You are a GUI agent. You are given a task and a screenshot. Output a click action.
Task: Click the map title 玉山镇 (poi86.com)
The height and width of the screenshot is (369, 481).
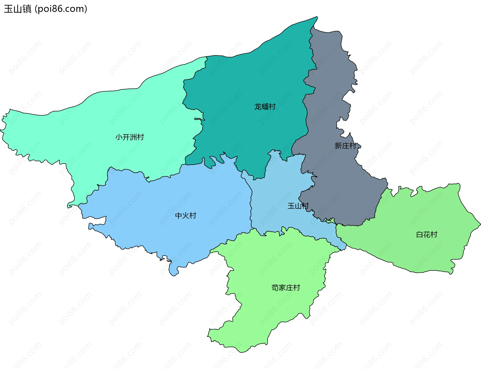(46, 9)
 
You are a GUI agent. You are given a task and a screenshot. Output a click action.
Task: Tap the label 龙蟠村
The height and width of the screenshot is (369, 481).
(265, 107)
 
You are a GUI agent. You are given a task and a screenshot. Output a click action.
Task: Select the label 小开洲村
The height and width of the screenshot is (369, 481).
(130, 137)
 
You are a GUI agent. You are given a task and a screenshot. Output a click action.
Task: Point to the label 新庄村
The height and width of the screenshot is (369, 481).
(345, 146)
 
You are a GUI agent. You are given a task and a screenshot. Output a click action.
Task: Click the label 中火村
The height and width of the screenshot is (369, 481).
(186, 215)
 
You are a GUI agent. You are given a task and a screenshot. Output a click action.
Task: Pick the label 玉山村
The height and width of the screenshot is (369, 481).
(298, 206)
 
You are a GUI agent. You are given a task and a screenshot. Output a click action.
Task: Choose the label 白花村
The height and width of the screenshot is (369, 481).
(427, 235)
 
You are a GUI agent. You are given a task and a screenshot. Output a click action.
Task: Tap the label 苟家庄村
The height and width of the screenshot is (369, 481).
(286, 288)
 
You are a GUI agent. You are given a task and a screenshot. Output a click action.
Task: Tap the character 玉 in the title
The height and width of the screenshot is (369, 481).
(9, 9)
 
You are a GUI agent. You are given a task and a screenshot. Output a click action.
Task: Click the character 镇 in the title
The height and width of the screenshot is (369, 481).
(27, 9)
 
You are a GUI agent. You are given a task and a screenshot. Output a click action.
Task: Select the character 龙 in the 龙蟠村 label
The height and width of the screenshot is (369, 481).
(258, 107)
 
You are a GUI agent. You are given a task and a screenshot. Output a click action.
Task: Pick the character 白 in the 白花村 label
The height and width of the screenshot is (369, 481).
(420, 235)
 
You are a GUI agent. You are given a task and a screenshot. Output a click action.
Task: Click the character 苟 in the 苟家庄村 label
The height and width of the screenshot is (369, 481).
(275, 288)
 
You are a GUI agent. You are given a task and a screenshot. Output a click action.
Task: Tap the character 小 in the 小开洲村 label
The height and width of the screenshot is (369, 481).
(119, 137)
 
